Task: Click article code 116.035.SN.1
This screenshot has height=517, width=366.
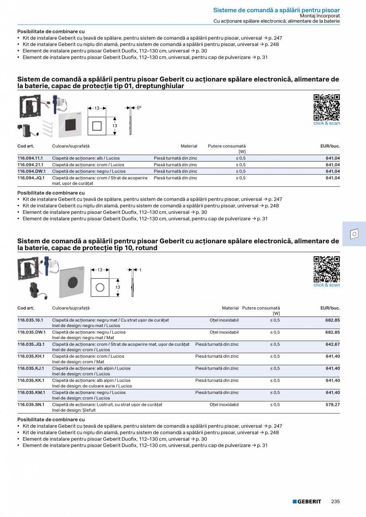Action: coord(31,405)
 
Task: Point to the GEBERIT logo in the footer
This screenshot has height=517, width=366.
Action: coord(307,502)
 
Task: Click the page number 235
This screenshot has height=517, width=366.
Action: coord(335,502)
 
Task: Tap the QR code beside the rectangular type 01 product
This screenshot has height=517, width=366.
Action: coord(327,107)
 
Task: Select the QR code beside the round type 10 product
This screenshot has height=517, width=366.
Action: coord(327,269)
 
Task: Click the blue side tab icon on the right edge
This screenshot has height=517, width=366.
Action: coord(354,234)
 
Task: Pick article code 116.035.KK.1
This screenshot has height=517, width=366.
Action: coord(31,380)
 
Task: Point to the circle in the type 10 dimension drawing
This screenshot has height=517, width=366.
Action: coord(100,287)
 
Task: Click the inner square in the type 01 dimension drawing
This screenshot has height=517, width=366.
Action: coord(97,126)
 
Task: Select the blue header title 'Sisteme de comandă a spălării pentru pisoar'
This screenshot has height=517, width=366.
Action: coord(276,10)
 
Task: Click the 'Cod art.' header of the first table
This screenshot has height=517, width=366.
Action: coord(26,146)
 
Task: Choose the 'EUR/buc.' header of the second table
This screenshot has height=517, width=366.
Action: coord(330,308)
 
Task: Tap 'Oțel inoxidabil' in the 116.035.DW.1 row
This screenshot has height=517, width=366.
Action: coord(224,332)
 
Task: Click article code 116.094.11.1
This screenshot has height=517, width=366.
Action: coord(30,158)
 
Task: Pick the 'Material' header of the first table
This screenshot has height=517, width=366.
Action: coord(189,146)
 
